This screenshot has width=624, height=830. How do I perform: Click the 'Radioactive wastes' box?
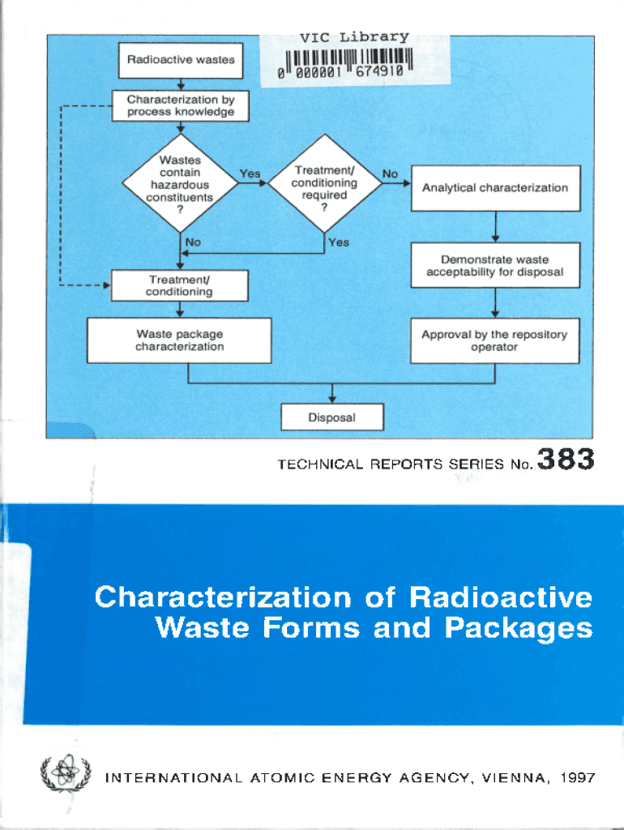pyautogui.click(x=180, y=59)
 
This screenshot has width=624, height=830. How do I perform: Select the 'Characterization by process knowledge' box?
pyautogui.click(x=180, y=105)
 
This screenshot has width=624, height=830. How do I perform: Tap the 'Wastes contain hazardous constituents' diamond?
pyautogui.click(x=180, y=185)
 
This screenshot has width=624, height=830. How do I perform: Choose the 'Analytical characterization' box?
pyautogui.click(x=494, y=187)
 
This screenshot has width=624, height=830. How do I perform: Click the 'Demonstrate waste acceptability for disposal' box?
pyautogui.click(x=494, y=266)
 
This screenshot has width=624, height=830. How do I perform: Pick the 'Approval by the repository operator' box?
pyautogui.click(x=494, y=340)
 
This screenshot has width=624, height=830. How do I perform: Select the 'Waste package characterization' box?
pyautogui.click(x=179, y=340)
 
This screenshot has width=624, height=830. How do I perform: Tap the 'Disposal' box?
pyautogui.click(x=332, y=417)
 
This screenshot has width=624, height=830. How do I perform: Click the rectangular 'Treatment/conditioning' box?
pyautogui.click(x=179, y=285)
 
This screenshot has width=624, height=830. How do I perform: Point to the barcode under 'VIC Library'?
pyautogui.click(x=345, y=62)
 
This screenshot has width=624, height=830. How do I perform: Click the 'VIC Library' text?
pyautogui.click(x=354, y=36)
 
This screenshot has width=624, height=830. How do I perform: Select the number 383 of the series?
pyautogui.click(x=565, y=461)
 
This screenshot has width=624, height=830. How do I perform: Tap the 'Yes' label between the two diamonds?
pyautogui.click(x=250, y=173)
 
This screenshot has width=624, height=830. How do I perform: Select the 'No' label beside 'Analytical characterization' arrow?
pyautogui.click(x=390, y=173)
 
